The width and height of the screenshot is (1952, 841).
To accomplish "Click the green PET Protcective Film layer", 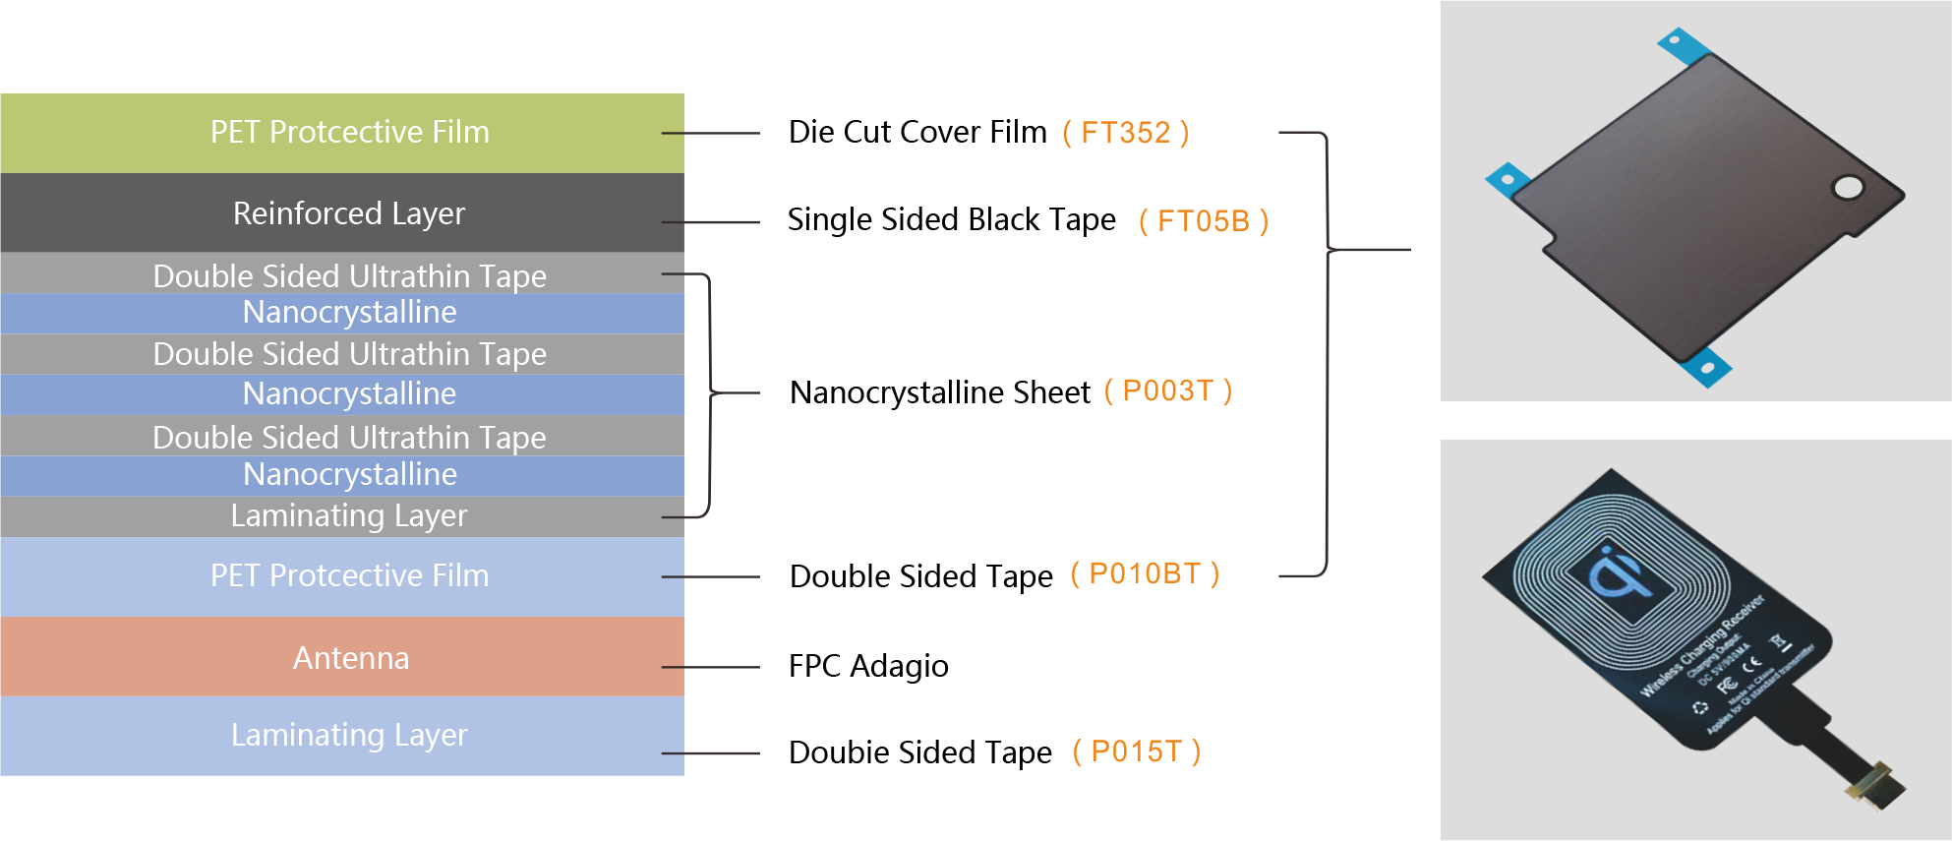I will pos(349,133).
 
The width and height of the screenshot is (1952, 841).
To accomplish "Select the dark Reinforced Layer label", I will pos(349,213).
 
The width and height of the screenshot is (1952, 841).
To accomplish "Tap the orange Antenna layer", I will pos(350,657).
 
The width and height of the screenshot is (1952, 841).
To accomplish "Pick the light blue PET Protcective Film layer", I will pos(349,575).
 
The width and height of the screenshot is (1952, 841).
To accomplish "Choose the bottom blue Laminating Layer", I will pos(349,735).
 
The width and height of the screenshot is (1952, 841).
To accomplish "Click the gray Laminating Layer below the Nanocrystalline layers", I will pos(349,515).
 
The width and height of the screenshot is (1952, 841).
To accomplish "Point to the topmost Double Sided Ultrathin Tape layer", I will pos(349,275).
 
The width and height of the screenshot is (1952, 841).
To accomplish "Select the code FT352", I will pos(1125,133).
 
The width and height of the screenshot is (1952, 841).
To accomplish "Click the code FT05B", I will pos(1203,221).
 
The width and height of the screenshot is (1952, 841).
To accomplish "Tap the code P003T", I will pos(1167,390).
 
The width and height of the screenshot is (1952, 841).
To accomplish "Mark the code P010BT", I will pos(1145,573).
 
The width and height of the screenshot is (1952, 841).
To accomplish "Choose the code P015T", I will pos(1136,751).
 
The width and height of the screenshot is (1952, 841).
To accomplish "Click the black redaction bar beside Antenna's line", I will pos(869,668).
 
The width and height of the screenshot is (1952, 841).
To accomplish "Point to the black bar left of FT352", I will pos(917,131).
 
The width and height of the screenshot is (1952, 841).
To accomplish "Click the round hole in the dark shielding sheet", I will pos(1848,187).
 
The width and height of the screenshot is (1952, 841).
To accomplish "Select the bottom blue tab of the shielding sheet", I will pos(1706,368).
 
